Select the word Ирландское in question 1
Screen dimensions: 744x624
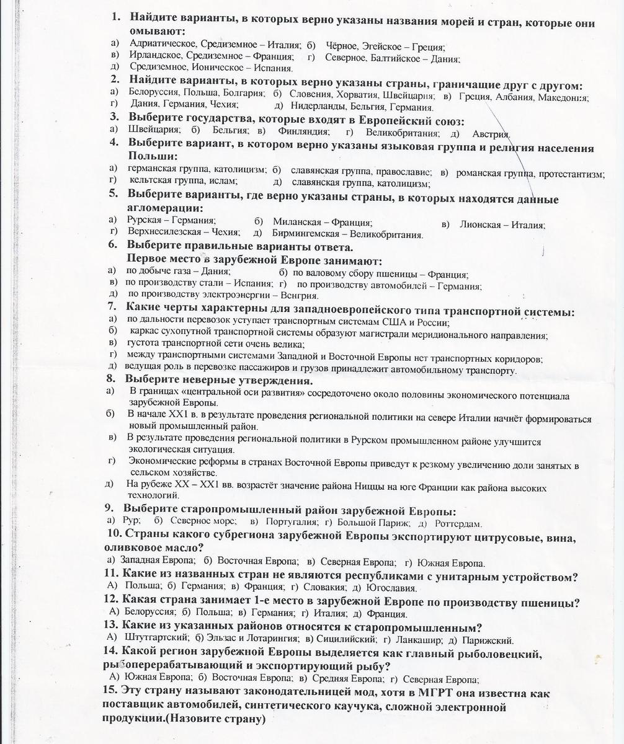[x=153, y=55]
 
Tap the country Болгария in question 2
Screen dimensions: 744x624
[x=244, y=93]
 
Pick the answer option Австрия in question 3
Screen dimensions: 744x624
[x=491, y=133]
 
